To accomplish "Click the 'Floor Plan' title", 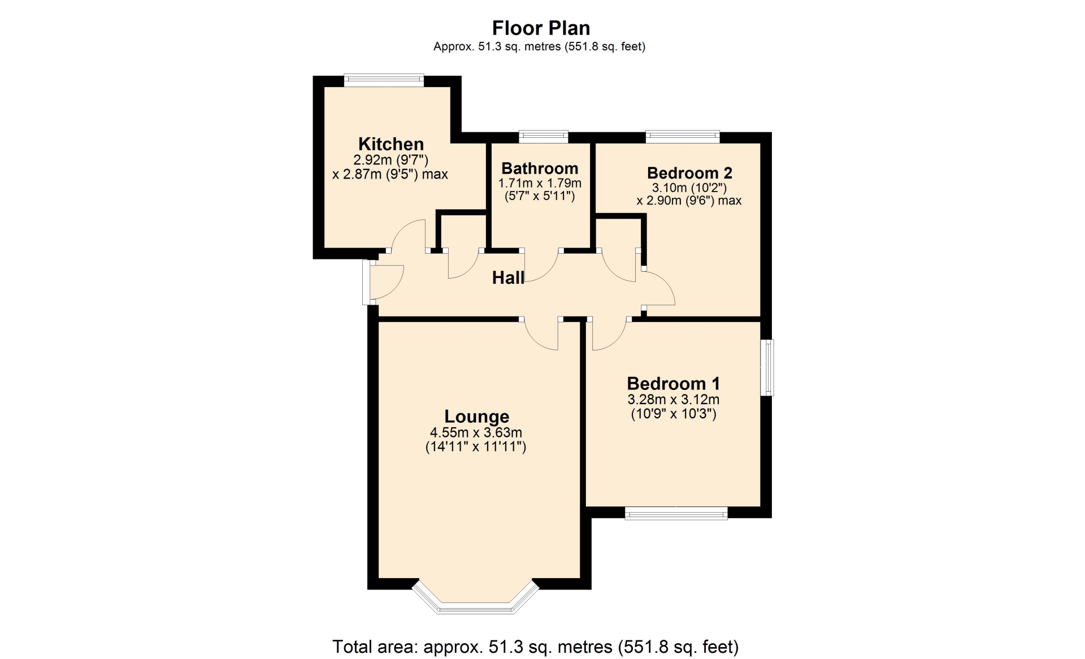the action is point(541,28).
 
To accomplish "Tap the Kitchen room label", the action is point(391,144).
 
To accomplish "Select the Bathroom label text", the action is point(540,168).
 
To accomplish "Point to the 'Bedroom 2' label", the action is point(689,172).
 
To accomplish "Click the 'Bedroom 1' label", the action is point(674,384).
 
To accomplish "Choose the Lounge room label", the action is point(477,417).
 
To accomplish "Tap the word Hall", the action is point(508,278).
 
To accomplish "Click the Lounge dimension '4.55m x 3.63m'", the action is point(476,433).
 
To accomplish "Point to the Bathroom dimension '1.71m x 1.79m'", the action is point(540,183).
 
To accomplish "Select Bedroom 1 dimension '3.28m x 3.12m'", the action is point(674,400).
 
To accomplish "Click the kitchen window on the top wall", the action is point(384,80).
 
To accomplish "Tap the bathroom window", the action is point(544,136).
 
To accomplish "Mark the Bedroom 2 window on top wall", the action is point(683,136).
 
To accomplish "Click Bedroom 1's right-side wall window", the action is point(767,367).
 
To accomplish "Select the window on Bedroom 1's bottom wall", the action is point(676,513).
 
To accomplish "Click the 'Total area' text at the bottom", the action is point(535,646).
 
